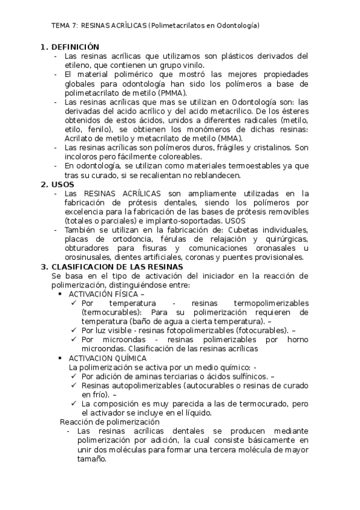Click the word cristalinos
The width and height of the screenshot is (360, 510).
263,147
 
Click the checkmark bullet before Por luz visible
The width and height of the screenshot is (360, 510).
73,330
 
